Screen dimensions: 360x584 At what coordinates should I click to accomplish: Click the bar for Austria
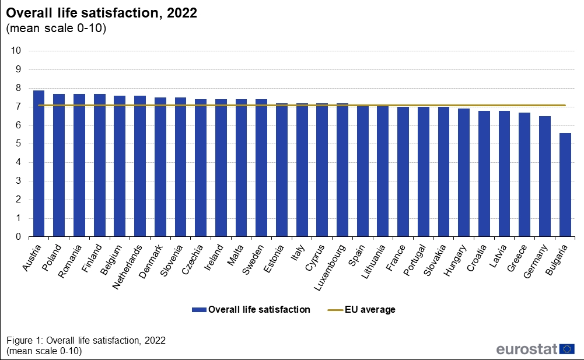pos(39,163)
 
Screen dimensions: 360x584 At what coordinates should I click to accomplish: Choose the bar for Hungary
pos(463,173)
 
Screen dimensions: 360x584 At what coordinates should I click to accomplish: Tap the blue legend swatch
pos(198,310)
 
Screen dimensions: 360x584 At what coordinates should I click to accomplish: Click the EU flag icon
pos(567,349)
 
